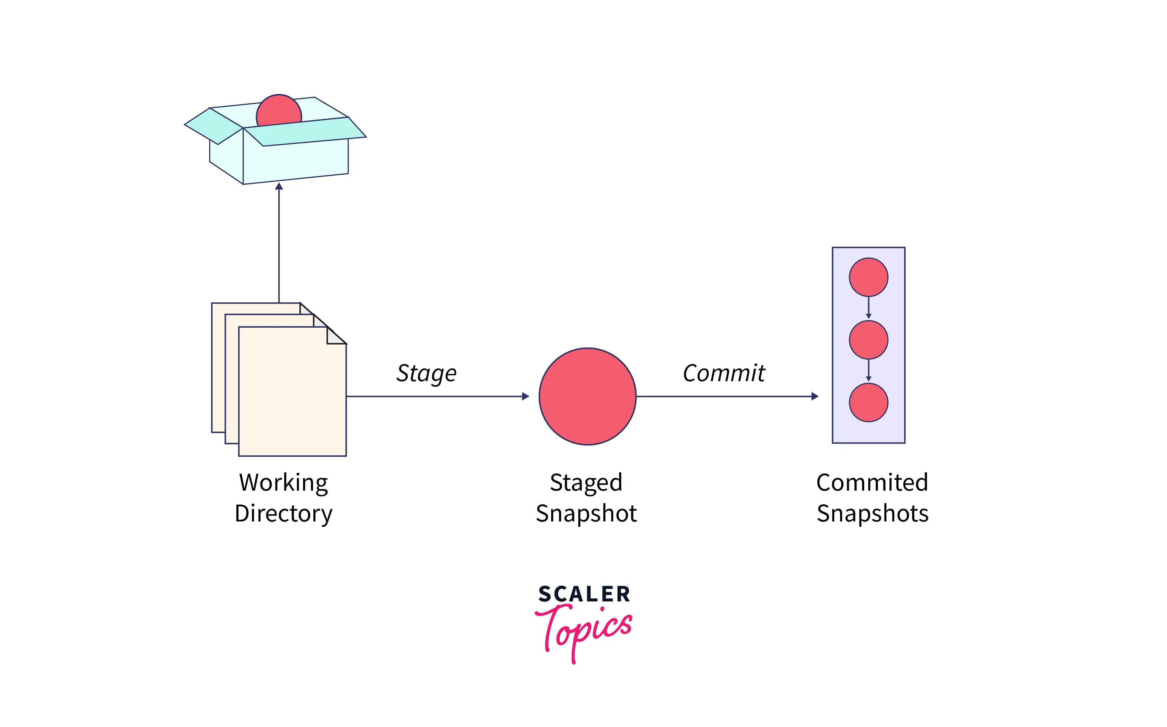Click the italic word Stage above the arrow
coord(426,373)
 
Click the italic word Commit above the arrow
coord(723,373)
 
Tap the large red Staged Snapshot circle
coord(587,396)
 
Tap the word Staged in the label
coord(586,482)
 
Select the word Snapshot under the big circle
coord(586,514)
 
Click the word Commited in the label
coord(872,482)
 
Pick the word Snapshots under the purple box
coord(872,514)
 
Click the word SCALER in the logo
coord(584,594)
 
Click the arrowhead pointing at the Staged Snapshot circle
coord(526,396)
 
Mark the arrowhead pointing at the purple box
coord(815,396)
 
